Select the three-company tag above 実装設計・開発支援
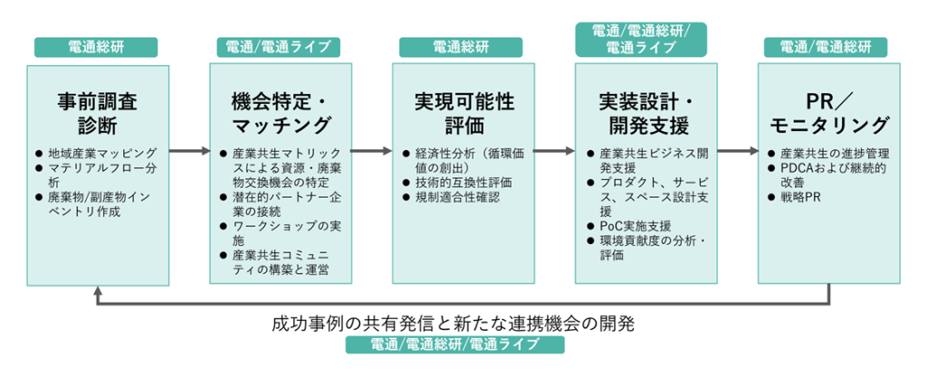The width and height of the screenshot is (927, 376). click(641, 40)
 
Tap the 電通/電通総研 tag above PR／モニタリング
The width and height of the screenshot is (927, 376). click(826, 47)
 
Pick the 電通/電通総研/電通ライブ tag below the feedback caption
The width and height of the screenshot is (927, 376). click(454, 344)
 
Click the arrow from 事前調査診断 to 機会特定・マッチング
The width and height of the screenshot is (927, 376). click(189, 151)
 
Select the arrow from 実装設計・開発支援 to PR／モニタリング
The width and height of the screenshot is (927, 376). click(738, 151)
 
